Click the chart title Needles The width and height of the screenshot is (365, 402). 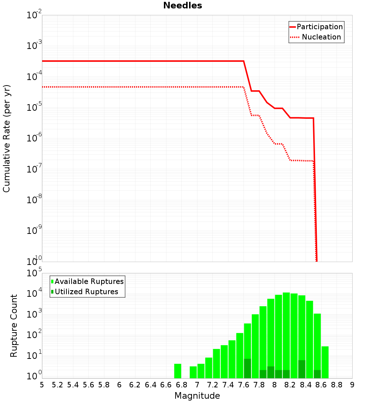pos(182,5)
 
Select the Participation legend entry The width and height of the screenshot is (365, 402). pos(319,27)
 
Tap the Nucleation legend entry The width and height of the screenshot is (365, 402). pos(321,37)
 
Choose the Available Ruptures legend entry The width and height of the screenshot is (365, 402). pos(89,281)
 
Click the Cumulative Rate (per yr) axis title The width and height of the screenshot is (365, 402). pos(7,138)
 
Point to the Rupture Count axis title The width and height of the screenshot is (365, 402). pos(14,325)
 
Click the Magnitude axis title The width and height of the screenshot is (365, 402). pos(197,396)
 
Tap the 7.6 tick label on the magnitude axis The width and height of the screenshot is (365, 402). pos(243,385)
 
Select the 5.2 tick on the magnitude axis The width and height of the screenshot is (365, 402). pos(57,385)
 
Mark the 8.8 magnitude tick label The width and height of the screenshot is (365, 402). pos(337,385)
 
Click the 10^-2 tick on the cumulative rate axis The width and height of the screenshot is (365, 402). pos(34,15)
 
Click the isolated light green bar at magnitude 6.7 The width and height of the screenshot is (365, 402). pos(178,371)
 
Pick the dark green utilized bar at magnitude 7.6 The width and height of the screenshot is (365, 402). pos(247,368)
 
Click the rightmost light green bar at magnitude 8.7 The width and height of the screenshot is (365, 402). pos(325,362)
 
